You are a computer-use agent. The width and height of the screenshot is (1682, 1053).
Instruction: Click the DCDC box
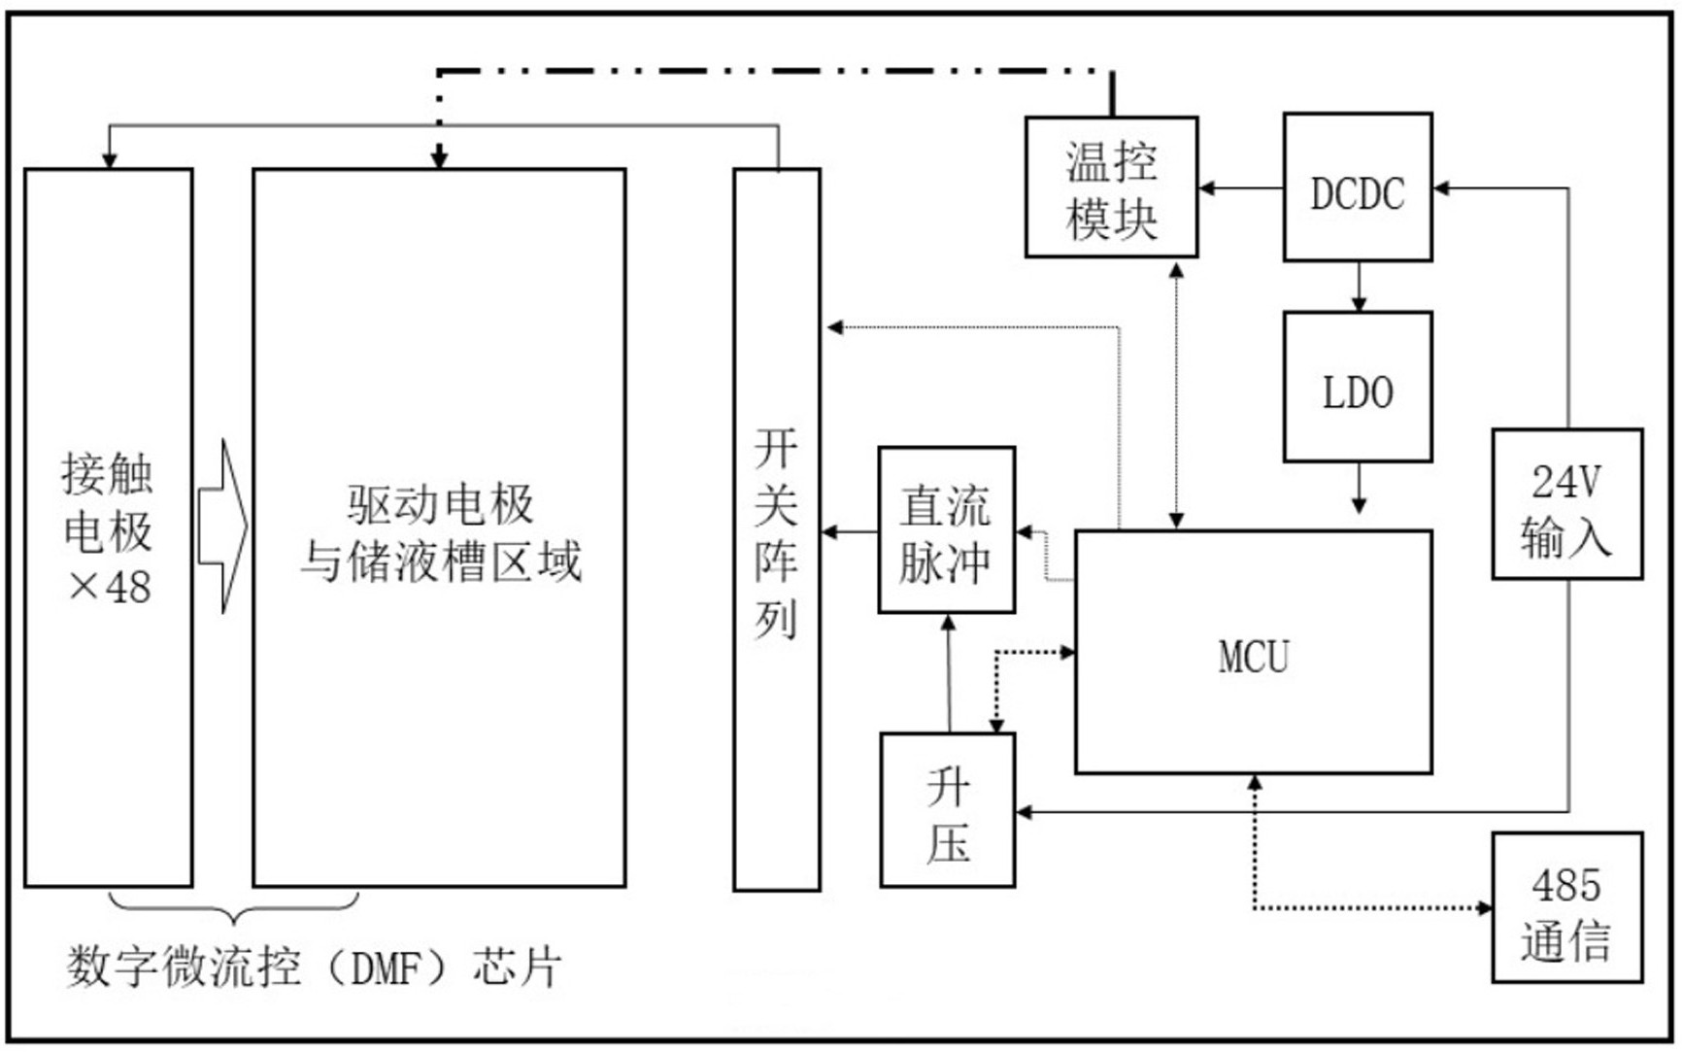(1357, 187)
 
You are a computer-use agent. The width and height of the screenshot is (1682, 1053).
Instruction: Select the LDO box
(1357, 387)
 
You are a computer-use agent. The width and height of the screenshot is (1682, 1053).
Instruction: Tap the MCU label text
(1254, 658)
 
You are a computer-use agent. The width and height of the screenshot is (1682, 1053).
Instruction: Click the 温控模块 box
(1111, 187)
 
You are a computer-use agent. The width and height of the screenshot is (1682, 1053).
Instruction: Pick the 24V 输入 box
(1566, 504)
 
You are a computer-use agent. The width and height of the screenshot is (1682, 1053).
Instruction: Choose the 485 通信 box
(1566, 907)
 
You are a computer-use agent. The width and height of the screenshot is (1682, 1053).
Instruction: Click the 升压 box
(947, 810)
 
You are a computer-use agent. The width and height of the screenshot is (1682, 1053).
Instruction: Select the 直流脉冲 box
(946, 530)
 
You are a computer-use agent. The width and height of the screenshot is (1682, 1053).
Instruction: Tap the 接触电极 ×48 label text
(108, 529)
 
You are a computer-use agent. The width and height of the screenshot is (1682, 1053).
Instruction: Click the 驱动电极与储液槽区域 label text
(440, 532)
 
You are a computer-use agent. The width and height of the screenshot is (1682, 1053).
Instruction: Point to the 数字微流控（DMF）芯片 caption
(313, 968)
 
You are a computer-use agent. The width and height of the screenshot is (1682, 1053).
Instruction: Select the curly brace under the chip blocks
(233, 908)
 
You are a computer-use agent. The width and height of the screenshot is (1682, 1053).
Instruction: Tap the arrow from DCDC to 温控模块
(1240, 187)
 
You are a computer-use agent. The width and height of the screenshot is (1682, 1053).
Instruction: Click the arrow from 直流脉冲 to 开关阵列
(850, 531)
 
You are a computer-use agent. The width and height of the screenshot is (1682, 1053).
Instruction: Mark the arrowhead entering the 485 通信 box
(1484, 908)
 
